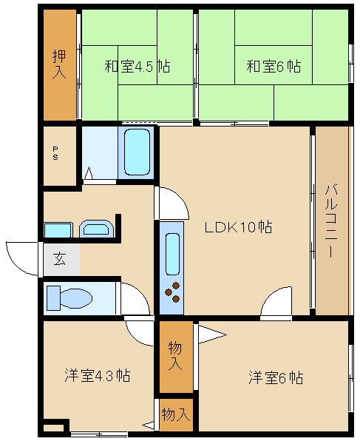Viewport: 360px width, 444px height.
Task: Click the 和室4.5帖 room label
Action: click(x=137, y=67)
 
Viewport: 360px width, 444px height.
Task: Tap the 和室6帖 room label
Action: click(x=274, y=67)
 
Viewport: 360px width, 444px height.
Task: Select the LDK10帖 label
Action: click(x=238, y=227)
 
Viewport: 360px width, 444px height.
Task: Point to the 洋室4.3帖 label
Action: click(x=98, y=375)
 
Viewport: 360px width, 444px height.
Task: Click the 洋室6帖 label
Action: click(x=276, y=377)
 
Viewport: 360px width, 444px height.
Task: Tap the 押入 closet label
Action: click(x=59, y=64)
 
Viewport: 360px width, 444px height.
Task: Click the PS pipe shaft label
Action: click(x=55, y=153)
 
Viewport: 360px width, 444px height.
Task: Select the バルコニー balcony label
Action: click(x=331, y=221)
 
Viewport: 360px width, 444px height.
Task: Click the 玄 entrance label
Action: click(x=60, y=259)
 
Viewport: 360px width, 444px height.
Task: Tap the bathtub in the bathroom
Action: click(x=137, y=152)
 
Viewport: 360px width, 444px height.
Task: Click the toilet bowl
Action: click(x=77, y=298)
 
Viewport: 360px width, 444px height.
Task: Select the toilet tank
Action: click(x=53, y=298)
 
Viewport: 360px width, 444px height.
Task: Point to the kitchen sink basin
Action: click(x=172, y=254)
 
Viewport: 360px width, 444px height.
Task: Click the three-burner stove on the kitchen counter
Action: click(x=173, y=292)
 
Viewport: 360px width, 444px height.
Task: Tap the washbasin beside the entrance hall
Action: click(x=96, y=229)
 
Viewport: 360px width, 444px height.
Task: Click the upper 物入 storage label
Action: click(x=175, y=356)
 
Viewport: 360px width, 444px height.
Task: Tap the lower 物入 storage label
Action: click(x=176, y=415)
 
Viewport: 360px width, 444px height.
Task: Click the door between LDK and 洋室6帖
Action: click(x=276, y=302)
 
